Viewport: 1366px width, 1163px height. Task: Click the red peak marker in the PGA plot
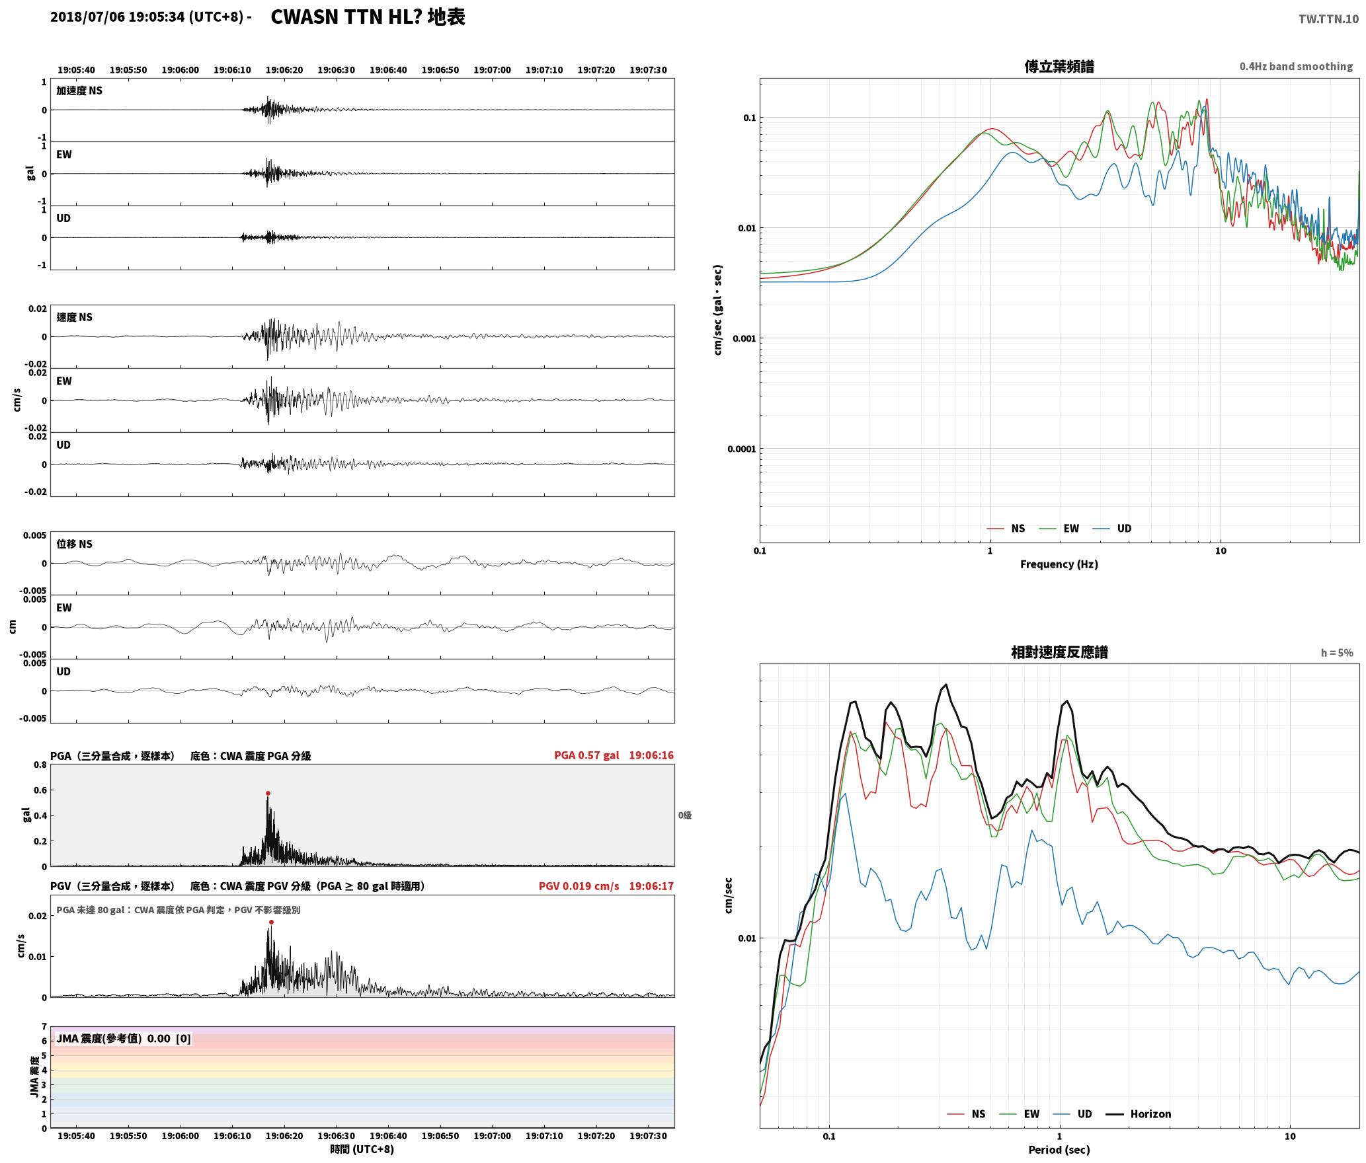(x=268, y=793)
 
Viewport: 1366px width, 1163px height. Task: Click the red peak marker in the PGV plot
(x=271, y=922)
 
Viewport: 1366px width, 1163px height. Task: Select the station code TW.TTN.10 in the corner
(x=1329, y=19)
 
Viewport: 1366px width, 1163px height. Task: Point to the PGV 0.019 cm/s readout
(x=579, y=886)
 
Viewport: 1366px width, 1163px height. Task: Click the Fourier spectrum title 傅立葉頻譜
(x=1059, y=66)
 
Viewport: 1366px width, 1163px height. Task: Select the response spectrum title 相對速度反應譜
(x=1059, y=652)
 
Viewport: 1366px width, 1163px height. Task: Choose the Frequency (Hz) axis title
(x=1059, y=564)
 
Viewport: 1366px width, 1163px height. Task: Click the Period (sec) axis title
(x=1059, y=1149)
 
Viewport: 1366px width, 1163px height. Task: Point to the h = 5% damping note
(x=1337, y=653)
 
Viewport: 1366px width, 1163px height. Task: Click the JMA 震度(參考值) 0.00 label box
(x=124, y=1038)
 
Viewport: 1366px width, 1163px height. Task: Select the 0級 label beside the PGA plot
(x=684, y=815)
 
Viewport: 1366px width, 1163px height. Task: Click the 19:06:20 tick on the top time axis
(x=284, y=69)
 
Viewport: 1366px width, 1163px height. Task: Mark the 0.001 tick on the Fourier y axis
(x=743, y=338)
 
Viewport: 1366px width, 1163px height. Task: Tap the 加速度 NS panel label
(x=79, y=91)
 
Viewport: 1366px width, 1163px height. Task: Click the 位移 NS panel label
(x=75, y=544)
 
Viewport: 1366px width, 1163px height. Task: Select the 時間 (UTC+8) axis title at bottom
(x=362, y=1149)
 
